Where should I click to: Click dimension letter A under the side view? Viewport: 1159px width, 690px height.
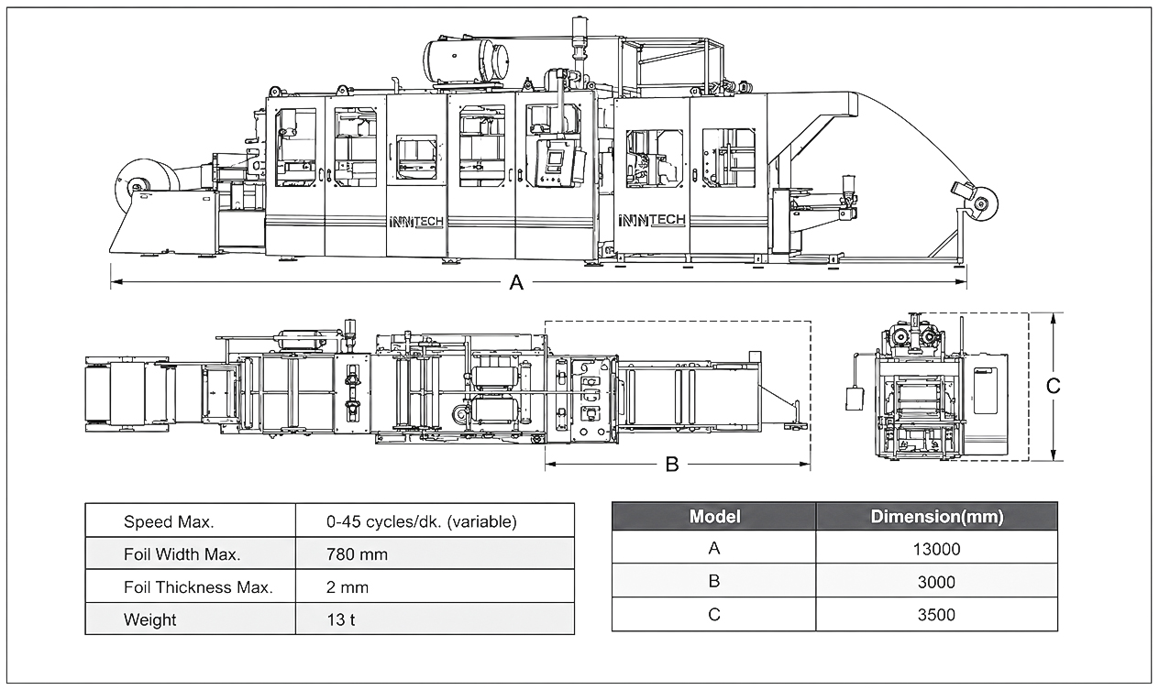[x=516, y=282]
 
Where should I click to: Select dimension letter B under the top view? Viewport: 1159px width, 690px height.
[x=671, y=465]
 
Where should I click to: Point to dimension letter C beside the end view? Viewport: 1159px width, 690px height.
[x=1053, y=386]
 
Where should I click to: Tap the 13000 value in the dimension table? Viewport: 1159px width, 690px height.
[x=936, y=549]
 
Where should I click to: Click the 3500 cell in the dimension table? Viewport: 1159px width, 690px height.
[x=936, y=615]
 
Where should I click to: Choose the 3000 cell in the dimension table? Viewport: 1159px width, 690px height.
[x=936, y=582]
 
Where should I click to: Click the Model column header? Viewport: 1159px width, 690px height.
[x=714, y=516]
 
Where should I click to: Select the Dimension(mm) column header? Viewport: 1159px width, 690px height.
[x=936, y=516]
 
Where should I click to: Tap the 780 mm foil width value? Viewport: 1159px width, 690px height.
[x=357, y=554]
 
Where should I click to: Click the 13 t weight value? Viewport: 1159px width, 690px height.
[x=341, y=619]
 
